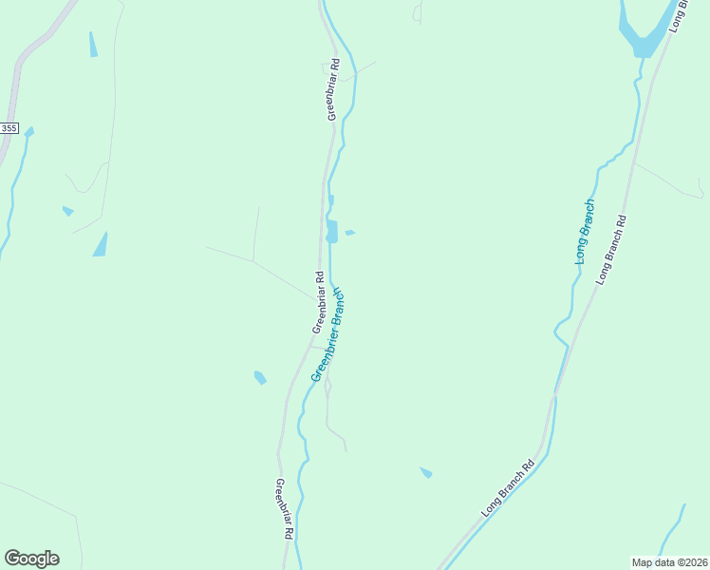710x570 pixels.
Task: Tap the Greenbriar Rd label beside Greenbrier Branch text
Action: click(x=318, y=303)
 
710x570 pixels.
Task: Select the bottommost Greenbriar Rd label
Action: click(x=283, y=510)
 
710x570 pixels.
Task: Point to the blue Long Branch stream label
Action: click(x=584, y=231)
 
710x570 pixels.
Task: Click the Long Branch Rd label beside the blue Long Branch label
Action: click(x=611, y=250)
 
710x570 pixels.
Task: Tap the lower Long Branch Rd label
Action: click(x=508, y=488)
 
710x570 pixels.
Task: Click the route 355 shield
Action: click(x=9, y=127)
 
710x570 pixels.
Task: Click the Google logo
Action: click(x=31, y=558)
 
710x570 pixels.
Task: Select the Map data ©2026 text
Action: click(x=670, y=561)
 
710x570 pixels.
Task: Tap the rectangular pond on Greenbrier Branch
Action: click(x=331, y=231)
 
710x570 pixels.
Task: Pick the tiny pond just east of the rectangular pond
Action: click(x=350, y=233)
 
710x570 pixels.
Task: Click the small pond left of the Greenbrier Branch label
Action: click(x=260, y=378)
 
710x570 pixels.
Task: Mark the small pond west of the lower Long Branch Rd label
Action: click(x=426, y=472)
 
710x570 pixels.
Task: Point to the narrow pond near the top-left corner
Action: click(x=93, y=45)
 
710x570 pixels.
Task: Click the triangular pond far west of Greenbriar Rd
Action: click(x=101, y=245)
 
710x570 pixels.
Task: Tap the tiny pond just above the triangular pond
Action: click(x=67, y=211)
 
